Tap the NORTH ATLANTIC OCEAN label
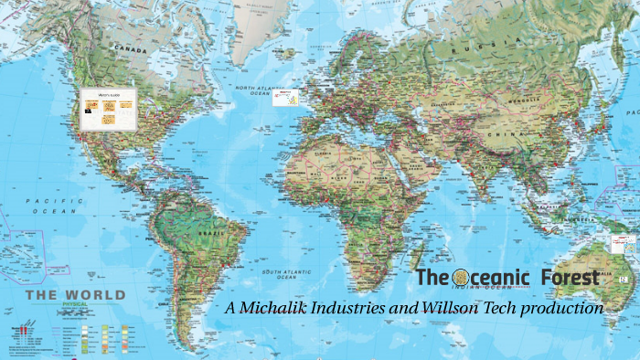point(255,90)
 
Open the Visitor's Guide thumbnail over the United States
point(108,108)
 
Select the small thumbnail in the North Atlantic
point(287,97)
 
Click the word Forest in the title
point(570,277)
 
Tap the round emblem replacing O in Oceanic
point(460,277)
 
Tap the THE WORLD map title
point(75,295)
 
